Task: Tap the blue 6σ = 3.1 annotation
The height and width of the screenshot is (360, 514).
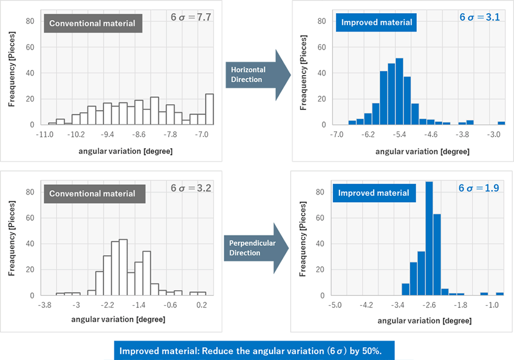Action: [x=480, y=17]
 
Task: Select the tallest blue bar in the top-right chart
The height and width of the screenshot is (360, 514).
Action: [x=400, y=92]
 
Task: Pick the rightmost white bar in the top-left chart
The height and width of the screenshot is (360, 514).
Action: [x=209, y=109]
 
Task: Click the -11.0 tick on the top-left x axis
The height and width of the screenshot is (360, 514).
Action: [x=45, y=135]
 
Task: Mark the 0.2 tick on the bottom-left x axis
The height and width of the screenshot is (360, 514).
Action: [x=201, y=306]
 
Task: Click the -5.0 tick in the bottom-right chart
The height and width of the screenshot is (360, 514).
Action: [x=335, y=306]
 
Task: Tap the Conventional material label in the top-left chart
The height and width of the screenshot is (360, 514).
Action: [x=92, y=23]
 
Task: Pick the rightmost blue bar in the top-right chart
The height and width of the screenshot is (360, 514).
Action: [x=501, y=123]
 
